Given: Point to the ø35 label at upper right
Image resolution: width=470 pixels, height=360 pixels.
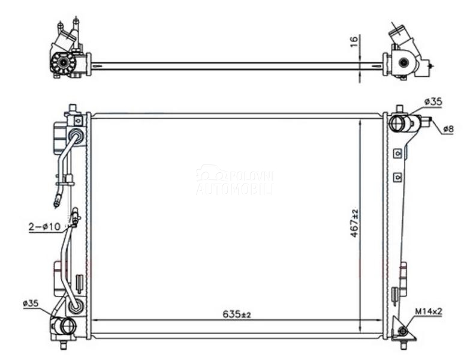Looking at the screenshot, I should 432,102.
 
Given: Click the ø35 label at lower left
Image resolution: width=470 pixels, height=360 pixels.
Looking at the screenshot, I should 31,304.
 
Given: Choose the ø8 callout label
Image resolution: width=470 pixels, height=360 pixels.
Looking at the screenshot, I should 449,128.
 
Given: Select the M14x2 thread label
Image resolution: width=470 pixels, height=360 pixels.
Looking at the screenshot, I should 429,311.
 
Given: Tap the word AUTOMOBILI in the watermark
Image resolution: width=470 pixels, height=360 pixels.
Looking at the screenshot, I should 234,188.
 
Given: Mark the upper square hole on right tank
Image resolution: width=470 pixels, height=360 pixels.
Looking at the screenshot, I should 397,154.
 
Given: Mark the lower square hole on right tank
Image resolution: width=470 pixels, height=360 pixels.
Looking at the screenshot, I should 397,177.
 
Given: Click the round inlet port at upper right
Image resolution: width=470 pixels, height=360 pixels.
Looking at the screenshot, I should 397,124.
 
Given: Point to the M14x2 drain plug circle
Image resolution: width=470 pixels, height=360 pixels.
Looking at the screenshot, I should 402,332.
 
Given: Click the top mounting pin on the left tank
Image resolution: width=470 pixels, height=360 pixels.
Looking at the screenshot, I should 73,109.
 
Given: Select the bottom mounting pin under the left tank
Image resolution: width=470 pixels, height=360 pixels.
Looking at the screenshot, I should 64,344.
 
